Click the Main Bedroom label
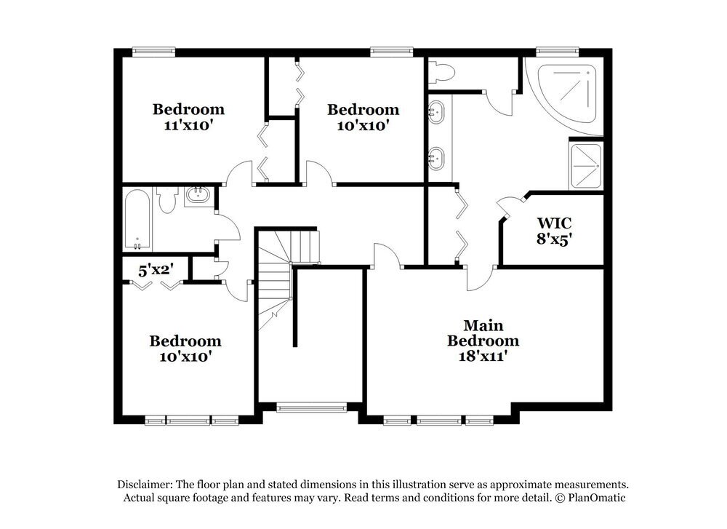483,333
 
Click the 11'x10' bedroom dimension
188,124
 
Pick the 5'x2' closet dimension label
156,270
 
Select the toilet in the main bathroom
441,72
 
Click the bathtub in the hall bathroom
137,218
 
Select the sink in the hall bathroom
196,195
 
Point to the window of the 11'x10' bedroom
153,51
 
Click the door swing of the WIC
509,207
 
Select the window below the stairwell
311,408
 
